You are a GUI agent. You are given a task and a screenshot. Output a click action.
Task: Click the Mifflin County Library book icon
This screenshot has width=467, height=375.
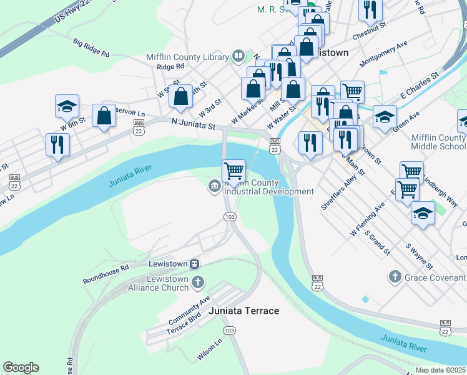click(238, 57)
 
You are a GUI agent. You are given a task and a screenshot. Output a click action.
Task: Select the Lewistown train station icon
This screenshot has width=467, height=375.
click(195, 265)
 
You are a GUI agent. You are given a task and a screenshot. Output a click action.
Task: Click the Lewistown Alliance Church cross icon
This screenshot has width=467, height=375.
click(197, 282)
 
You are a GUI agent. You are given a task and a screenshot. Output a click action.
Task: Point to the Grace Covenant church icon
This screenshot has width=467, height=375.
click(394, 276)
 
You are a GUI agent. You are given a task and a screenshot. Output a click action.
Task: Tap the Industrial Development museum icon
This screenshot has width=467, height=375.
click(214, 185)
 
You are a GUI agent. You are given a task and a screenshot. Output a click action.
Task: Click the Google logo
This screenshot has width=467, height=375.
click(21, 367)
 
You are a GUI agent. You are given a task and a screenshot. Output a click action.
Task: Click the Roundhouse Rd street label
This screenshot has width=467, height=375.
click(106, 274)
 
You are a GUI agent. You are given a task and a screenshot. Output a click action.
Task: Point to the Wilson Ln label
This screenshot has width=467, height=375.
click(210, 351)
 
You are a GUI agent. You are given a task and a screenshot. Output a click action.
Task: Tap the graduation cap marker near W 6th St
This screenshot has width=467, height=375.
click(67, 107)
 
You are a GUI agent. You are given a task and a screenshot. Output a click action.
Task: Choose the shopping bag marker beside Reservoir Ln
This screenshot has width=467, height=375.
click(104, 116)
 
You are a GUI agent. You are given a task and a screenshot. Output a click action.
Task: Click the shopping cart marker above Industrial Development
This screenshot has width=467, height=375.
click(234, 171)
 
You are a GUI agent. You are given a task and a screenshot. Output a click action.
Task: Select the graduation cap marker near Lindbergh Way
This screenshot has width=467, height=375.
click(423, 214)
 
